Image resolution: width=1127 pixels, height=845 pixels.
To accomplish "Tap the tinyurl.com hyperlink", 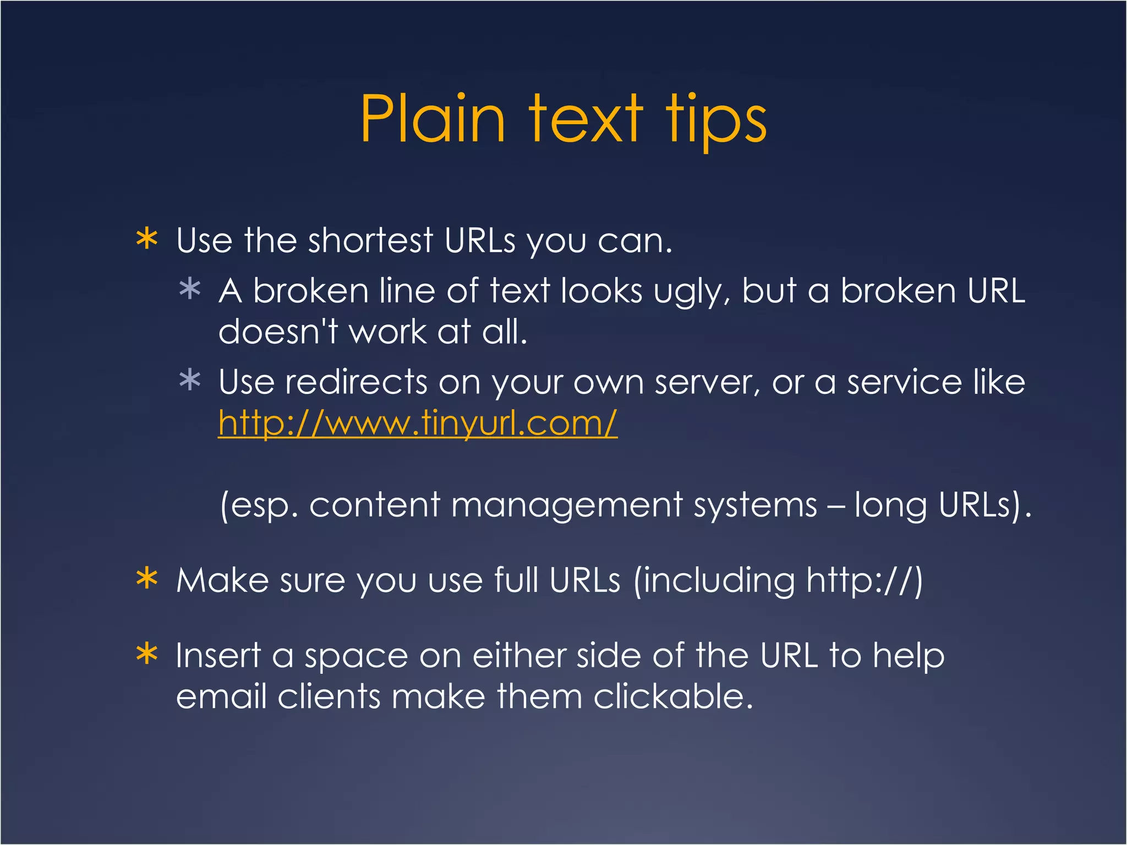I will click(418, 423).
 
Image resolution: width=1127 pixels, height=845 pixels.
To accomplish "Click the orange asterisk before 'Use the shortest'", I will click(147, 239).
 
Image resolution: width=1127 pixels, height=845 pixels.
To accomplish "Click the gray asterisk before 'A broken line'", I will click(190, 289).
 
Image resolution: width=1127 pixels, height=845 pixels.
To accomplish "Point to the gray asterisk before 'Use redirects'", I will click(190, 380).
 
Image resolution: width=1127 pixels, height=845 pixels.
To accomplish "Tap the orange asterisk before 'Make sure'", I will click(147, 579).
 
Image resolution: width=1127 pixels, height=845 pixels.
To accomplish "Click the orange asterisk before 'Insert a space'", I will click(147, 654).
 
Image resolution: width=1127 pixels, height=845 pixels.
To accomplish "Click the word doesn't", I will click(278, 332).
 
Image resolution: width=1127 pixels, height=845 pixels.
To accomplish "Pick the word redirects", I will click(355, 382).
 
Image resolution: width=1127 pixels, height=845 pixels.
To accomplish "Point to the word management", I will click(566, 504).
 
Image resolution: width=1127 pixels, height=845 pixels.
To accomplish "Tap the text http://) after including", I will click(865, 580).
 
